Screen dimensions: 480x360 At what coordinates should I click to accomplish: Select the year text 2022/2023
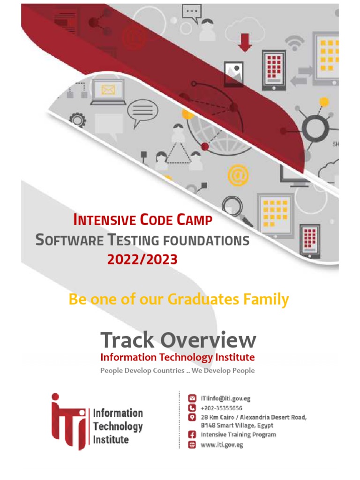coord(142,259)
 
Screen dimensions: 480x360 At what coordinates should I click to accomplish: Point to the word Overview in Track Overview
coord(212,340)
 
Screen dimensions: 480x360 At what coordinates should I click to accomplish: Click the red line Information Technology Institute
coord(178,357)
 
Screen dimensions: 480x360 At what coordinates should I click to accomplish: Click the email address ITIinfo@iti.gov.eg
coord(225,399)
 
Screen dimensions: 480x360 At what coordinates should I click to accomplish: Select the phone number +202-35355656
coord(221,408)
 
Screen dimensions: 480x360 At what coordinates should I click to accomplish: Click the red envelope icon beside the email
coord(191,399)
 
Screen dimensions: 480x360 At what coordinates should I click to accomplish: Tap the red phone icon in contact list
coord(191,408)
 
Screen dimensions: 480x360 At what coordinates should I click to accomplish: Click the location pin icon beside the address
coord(191,417)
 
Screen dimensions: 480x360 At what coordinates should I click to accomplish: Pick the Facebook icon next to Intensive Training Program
coord(191,435)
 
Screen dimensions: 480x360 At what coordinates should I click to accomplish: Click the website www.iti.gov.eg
coord(222,444)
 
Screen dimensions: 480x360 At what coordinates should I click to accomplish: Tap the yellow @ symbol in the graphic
coord(237,176)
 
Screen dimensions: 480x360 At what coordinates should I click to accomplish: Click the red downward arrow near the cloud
coord(245,42)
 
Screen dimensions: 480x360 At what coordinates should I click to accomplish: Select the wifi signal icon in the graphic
coord(294,43)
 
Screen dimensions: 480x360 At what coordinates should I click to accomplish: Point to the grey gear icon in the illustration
coord(78,120)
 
